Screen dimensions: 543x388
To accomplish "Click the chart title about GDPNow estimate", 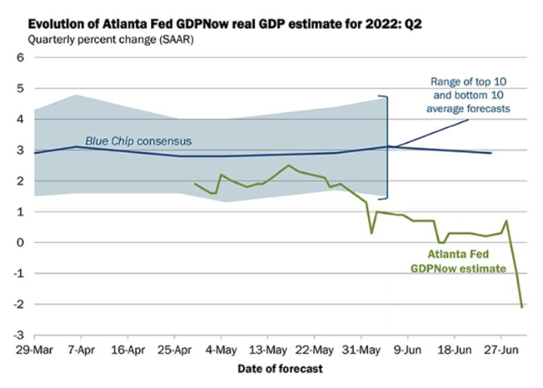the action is coord(225,25).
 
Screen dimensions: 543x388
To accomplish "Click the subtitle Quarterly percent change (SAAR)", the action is coord(111,39).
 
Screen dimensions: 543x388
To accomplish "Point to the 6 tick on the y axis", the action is coord(20,57).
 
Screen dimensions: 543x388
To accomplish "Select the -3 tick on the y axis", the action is coord(19,335).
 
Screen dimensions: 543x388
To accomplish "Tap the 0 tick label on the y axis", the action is coord(20,242).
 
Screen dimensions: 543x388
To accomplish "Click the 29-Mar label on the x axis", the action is coord(34,350).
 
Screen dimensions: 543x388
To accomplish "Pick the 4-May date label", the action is coord(221,350).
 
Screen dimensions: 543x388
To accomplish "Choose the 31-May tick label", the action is coord(361,350).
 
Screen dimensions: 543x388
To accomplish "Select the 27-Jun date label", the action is coord(500,350).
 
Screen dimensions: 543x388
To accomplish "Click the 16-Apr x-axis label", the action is coord(128,350).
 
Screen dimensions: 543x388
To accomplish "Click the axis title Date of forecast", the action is coord(280,369).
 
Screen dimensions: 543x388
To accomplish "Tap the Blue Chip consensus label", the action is coord(139,141).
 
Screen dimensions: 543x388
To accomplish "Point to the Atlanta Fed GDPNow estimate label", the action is coord(458,261).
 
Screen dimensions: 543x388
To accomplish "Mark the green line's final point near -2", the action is coord(522,307).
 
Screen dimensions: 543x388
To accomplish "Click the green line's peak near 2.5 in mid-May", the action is coord(289,165).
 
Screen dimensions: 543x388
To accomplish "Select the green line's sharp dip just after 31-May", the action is coord(372,233).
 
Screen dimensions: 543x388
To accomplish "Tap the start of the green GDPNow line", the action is coord(195,184).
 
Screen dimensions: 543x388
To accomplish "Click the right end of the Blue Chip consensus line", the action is coord(491,153).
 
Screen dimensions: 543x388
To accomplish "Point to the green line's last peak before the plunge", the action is coord(507,221).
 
